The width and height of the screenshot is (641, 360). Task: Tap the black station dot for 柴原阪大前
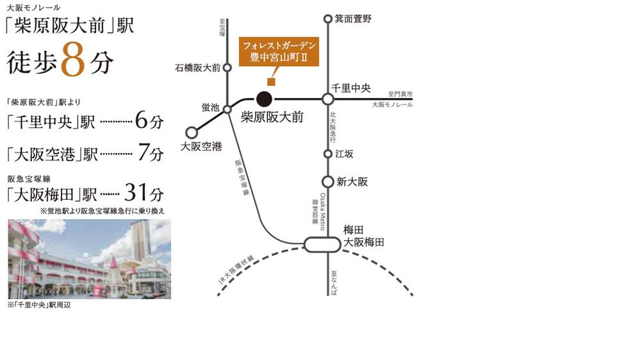coord(264,99)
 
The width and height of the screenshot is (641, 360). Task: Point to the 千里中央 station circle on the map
coord(328,99)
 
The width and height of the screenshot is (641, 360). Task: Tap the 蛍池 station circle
coord(227,110)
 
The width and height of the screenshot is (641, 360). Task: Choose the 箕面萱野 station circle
coord(328,19)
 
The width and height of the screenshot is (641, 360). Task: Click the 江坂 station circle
coord(328,154)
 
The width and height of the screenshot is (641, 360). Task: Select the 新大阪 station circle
coord(328,181)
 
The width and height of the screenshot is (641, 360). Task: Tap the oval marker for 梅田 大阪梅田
coord(322,244)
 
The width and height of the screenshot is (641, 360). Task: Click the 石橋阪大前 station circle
coord(227,67)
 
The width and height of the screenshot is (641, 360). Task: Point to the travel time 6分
coord(149,120)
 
